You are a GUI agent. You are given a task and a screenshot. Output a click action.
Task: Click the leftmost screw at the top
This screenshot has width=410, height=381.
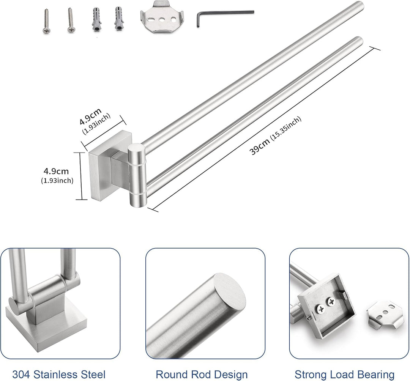47,21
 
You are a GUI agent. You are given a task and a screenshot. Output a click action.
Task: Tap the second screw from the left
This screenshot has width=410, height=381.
70,20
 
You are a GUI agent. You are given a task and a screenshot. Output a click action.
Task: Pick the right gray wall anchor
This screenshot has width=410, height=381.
118,19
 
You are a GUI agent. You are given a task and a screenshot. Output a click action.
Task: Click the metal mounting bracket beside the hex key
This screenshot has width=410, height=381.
161,20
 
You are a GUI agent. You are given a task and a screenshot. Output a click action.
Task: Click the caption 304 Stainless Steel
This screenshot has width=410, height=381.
59,375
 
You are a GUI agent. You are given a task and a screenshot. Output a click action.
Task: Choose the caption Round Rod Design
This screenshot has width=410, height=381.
202,375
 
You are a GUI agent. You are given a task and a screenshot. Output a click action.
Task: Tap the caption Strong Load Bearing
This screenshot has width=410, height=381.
344,375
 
